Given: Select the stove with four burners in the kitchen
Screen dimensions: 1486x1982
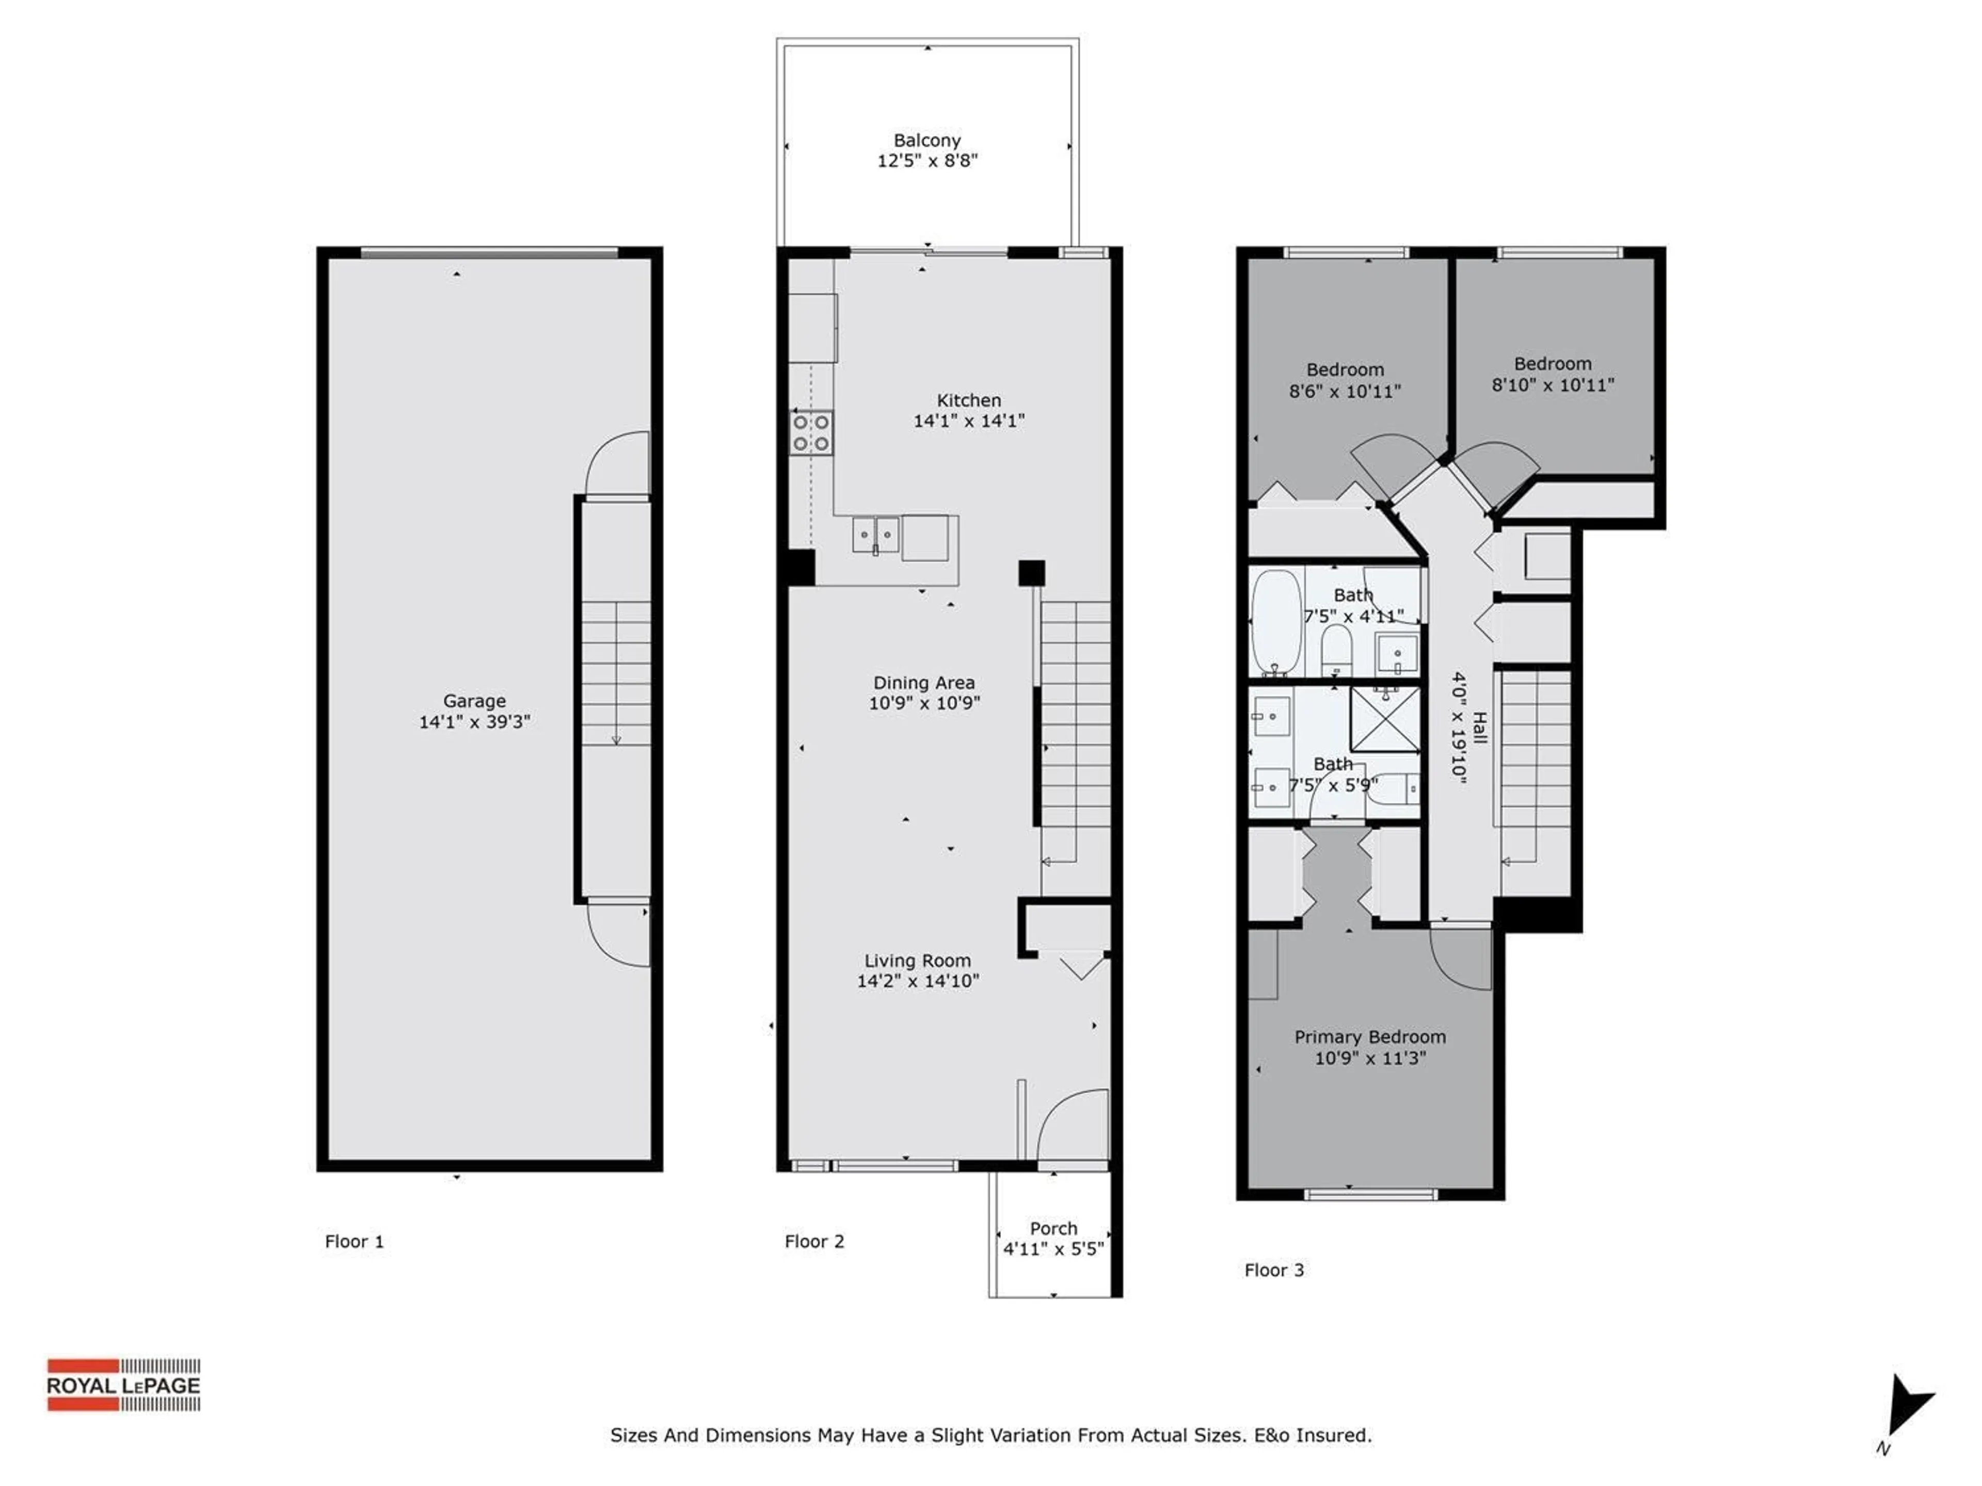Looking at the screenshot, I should point(811,432).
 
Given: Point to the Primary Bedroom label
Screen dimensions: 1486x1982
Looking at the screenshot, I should point(1369,1037).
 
